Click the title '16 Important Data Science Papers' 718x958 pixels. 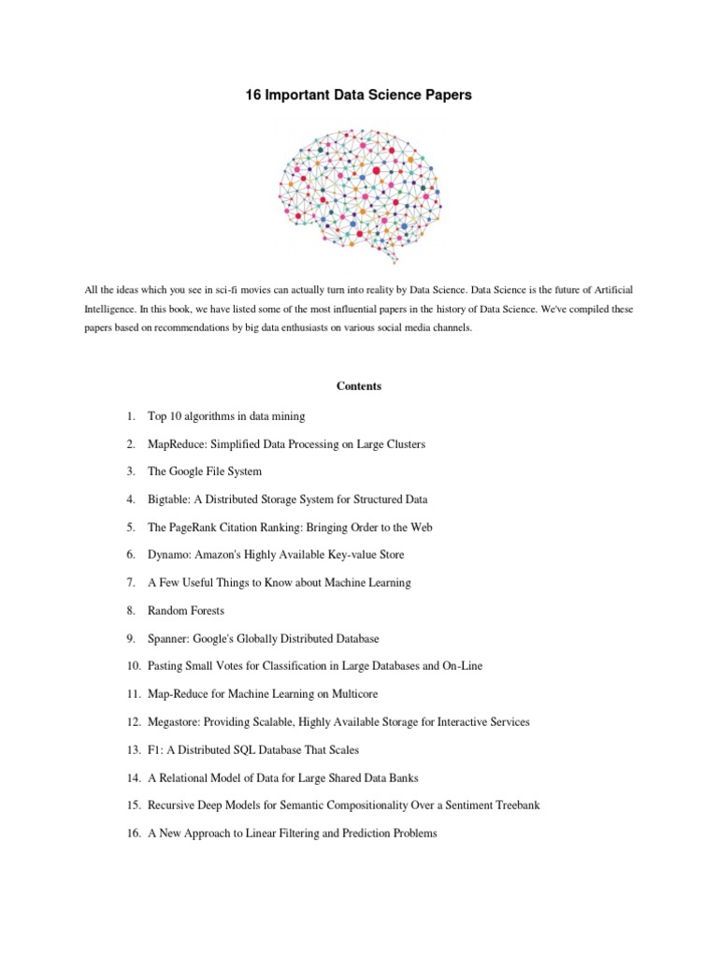point(359,95)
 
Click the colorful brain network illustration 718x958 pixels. point(359,192)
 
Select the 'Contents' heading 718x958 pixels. point(359,386)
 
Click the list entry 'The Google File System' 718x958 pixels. point(205,472)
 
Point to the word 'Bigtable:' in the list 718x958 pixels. point(170,500)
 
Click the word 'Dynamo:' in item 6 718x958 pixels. point(168,555)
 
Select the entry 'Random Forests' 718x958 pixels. point(185,611)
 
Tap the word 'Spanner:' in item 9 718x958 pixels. point(169,639)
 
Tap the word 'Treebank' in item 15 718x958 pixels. point(517,806)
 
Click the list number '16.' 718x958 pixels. point(133,834)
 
